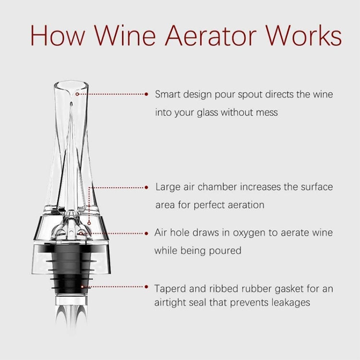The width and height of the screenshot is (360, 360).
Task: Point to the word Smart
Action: (168, 94)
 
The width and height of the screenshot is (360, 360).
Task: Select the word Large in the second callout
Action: (168, 187)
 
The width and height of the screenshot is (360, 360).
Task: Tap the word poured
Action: (225, 251)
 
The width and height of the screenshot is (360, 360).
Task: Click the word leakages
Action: (288, 303)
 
